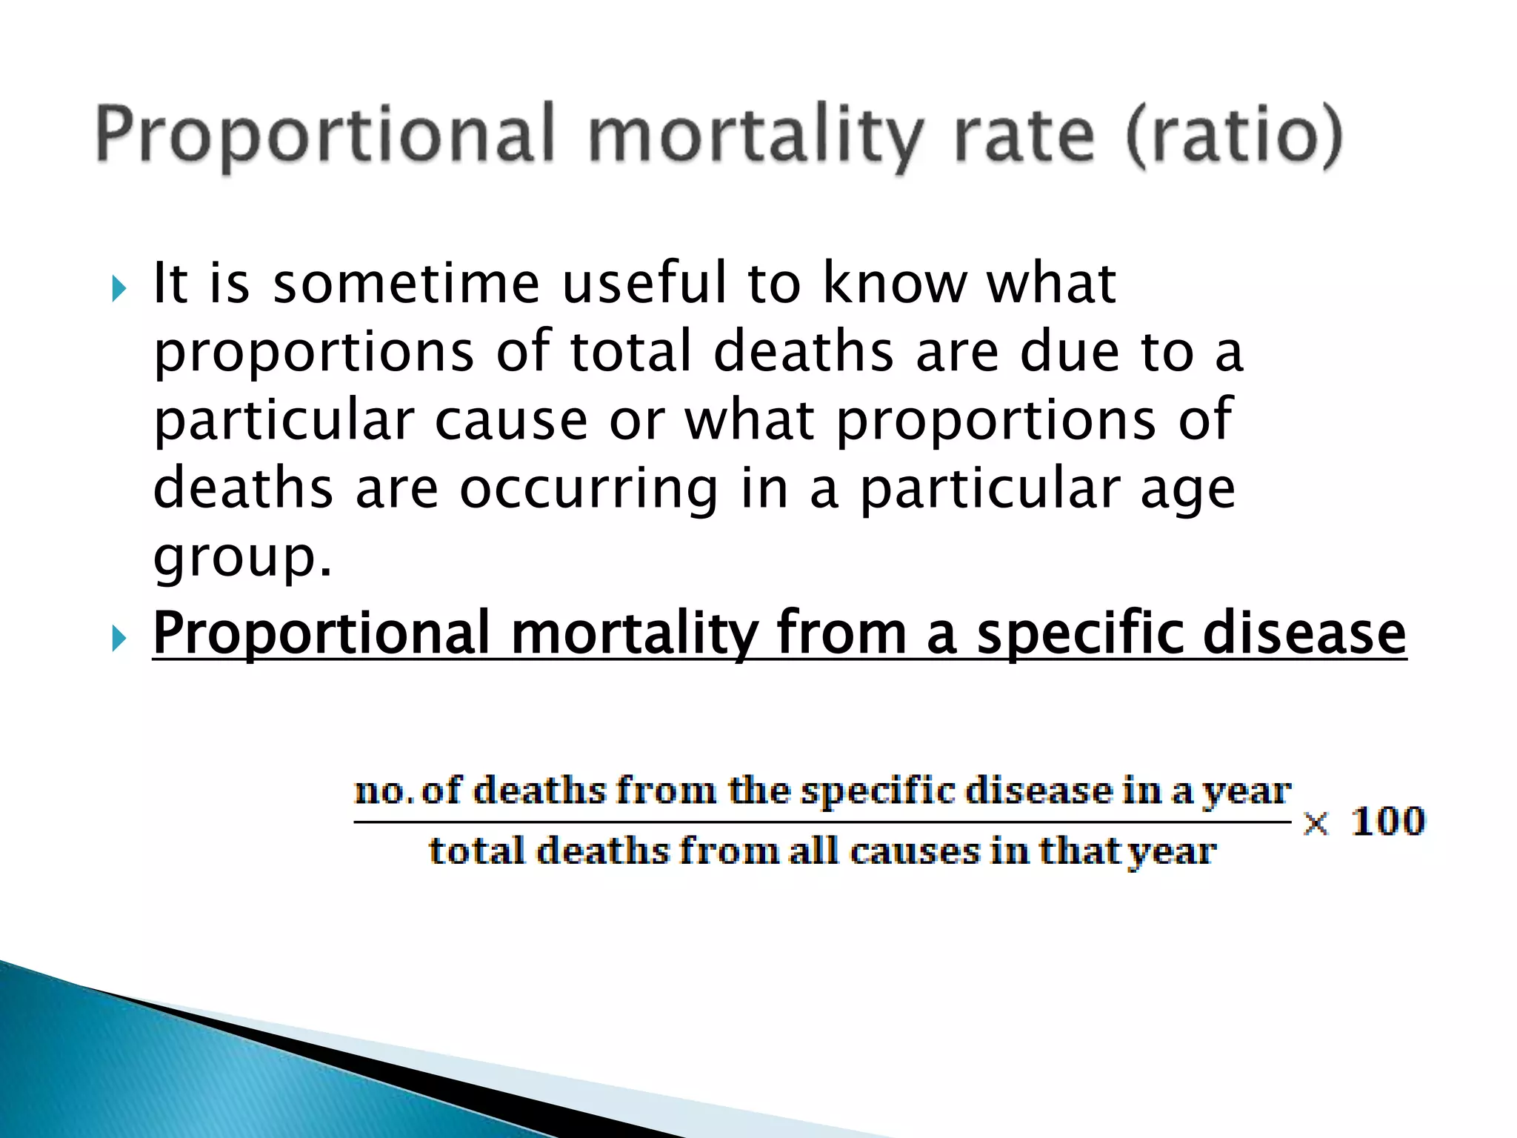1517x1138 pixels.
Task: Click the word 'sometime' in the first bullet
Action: [407, 284]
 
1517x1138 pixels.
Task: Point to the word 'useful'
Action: [644, 284]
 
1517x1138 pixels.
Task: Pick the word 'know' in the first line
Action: [896, 284]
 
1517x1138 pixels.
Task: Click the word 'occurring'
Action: [589, 489]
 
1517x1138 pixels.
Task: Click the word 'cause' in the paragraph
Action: [511, 421]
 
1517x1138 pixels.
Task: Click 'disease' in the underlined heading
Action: [1304, 633]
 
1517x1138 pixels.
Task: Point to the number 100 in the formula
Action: [1387, 822]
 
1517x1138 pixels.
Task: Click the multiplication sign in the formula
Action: [1316, 823]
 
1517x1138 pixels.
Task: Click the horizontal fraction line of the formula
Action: [822, 822]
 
